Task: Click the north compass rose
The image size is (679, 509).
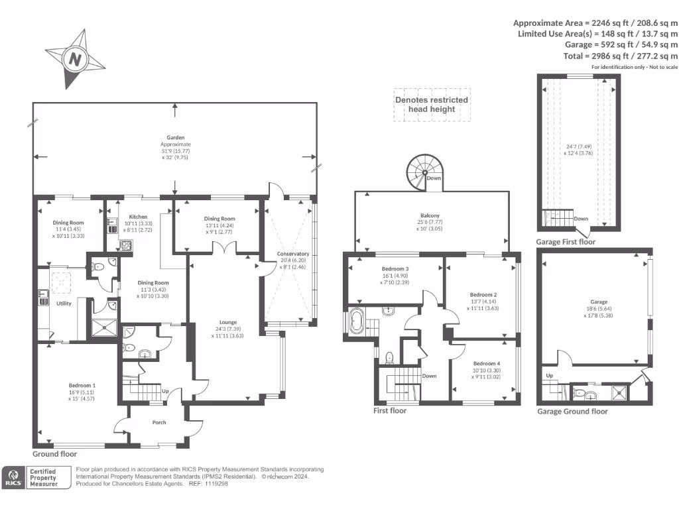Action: click(75, 59)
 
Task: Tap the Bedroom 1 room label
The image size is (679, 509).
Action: click(83, 385)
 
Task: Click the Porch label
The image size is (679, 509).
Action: click(159, 422)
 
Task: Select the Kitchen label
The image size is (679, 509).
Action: click(138, 217)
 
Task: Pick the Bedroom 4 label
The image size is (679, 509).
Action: click(486, 364)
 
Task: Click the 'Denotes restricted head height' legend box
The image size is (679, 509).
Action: click(432, 105)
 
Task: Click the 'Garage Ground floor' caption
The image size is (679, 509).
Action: click(572, 412)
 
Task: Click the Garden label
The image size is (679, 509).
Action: click(176, 138)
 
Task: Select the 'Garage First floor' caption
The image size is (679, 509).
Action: click(566, 242)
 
